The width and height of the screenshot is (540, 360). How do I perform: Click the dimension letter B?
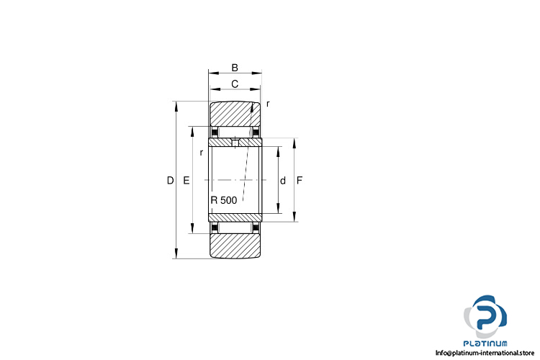tap(235, 68)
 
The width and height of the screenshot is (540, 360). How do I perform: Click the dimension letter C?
tap(235, 84)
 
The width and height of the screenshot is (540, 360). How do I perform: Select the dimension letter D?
tap(170, 180)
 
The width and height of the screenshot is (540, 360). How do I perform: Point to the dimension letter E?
tap(186, 180)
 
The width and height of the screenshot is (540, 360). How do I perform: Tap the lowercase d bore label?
tap(283, 181)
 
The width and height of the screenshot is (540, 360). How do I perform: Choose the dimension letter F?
tap(300, 180)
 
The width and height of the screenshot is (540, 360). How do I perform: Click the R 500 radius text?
tap(223, 200)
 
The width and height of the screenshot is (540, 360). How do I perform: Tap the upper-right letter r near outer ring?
tap(268, 104)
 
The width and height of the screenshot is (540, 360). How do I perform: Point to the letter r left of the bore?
tap(202, 153)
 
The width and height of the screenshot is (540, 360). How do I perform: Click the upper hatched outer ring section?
tap(235, 114)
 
